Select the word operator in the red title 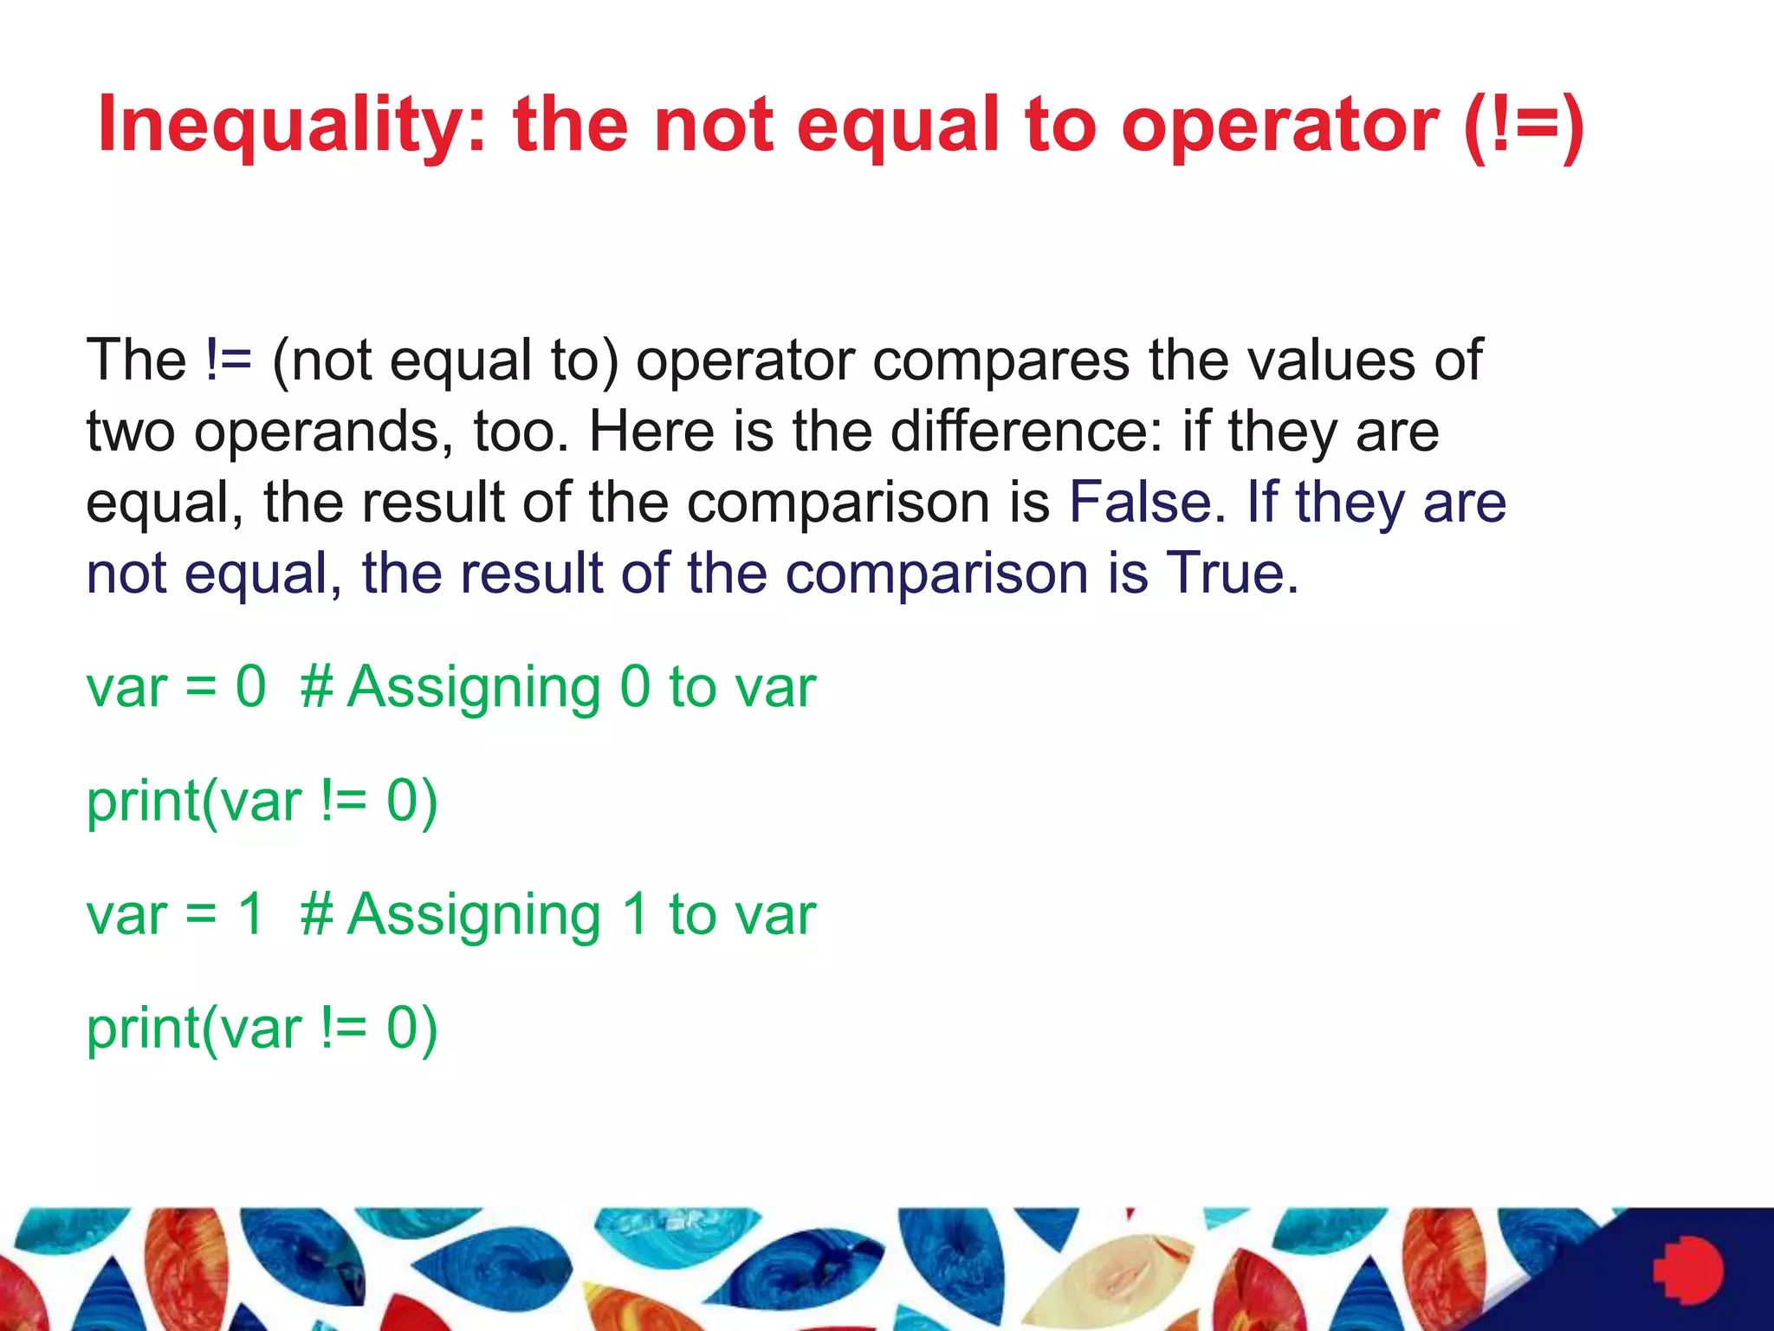[1279, 126]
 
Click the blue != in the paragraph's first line [229, 360]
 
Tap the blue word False [1141, 502]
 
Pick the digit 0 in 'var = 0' [250, 687]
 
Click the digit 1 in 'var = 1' [250, 914]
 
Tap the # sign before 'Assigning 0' [317, 687]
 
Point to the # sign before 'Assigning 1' [317, 914]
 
